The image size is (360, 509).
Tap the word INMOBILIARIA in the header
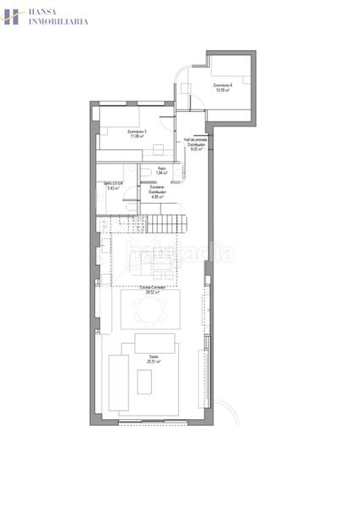click(59, 22)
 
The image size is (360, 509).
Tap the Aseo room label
click(161, 169)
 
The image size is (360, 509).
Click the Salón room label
click(154, 357)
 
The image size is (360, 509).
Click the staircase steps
click(170, 224)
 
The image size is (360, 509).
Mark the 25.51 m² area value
click(154, 362)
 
